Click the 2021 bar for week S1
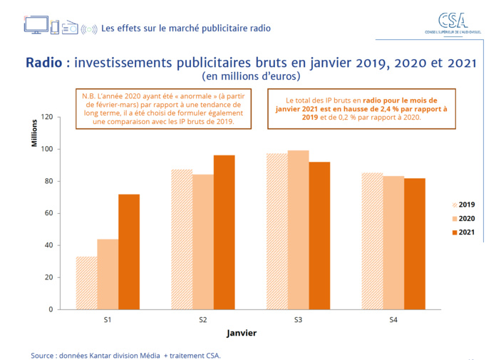click(129, 251)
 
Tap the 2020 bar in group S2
click(203, 242)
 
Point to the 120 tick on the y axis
click(46, 117)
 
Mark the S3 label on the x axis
click(298, 321)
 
